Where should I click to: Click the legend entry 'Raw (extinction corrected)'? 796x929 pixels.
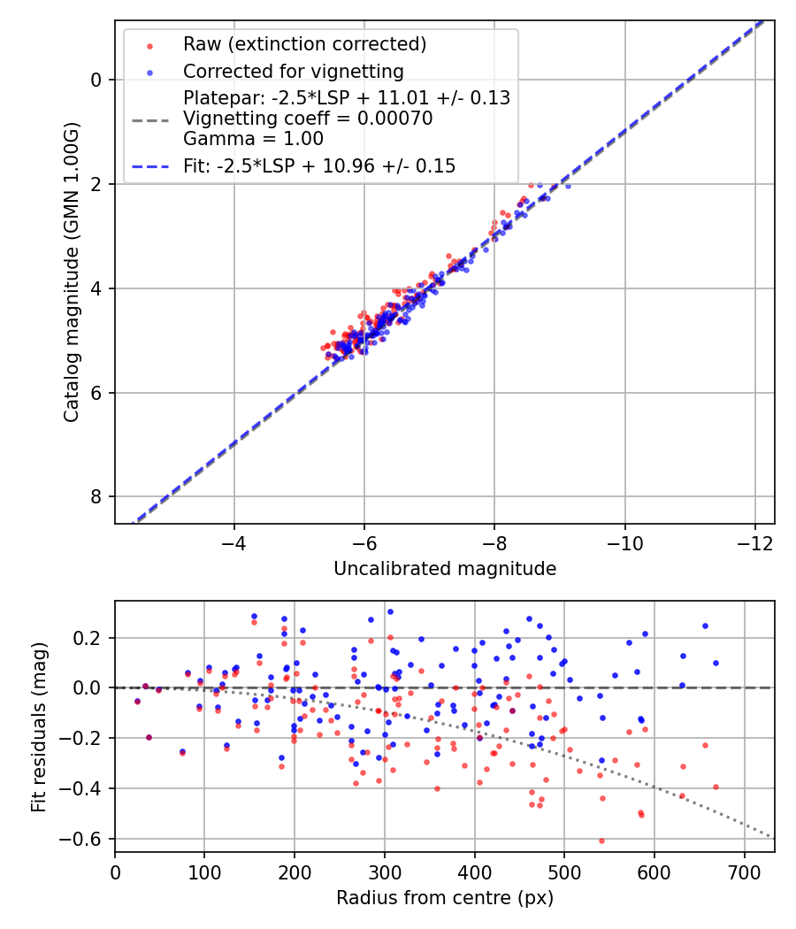(304, 43)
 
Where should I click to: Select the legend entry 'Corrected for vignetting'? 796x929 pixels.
(293, 71)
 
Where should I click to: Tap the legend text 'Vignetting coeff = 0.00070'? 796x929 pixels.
(308, 118)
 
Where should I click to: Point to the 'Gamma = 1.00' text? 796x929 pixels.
(253, 138)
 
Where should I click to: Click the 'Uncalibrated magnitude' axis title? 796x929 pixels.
(445, 569)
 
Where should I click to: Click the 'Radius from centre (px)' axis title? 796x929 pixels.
(445, 898)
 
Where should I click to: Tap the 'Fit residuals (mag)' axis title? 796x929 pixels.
(39, 726)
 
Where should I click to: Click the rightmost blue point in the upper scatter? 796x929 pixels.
(568, 186)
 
